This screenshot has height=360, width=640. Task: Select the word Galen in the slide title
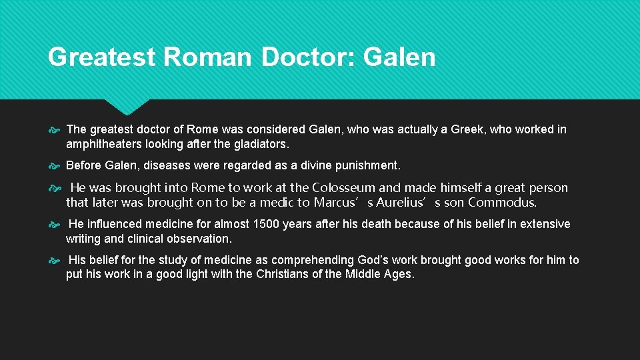399,57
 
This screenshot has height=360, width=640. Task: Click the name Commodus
502,203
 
